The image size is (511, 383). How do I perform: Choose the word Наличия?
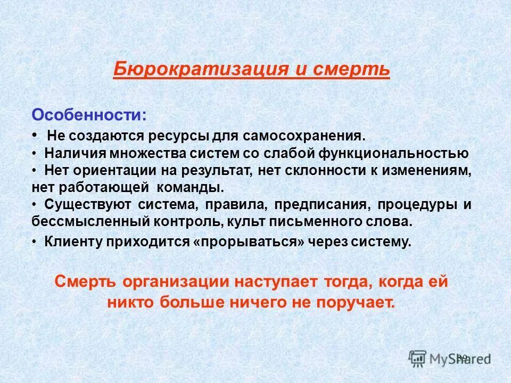[x=74, y=154]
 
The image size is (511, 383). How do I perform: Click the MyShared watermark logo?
[x=450, y=357]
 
